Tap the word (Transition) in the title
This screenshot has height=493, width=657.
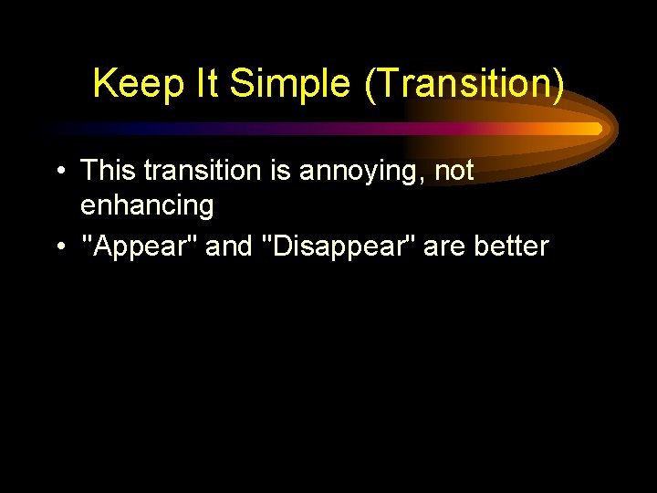464,84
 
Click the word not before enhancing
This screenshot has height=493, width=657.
452,171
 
